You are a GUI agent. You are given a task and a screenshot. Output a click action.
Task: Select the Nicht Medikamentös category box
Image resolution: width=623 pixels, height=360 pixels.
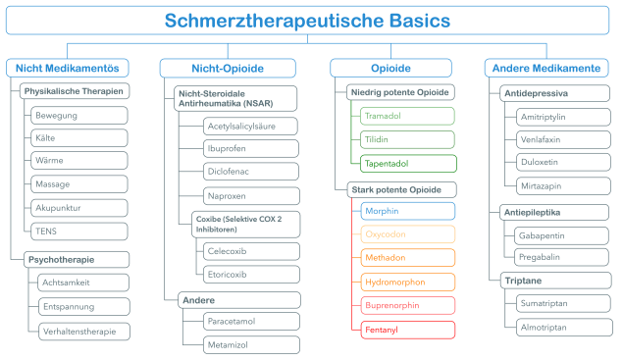(68, 68)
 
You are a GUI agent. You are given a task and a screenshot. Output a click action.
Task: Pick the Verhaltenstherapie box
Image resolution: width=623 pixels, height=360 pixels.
(84, 331)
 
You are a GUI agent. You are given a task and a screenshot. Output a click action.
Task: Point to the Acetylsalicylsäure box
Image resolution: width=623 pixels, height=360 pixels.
(238, 128)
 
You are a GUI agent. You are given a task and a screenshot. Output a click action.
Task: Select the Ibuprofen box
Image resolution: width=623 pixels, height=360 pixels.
(238, 150)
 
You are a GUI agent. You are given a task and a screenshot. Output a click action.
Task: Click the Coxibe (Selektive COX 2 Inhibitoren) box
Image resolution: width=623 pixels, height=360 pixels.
(233, 224)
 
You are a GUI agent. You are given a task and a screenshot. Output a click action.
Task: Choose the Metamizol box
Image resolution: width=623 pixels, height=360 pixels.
(238, 344)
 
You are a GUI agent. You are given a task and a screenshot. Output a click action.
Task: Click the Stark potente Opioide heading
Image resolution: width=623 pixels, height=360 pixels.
(402, 188)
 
